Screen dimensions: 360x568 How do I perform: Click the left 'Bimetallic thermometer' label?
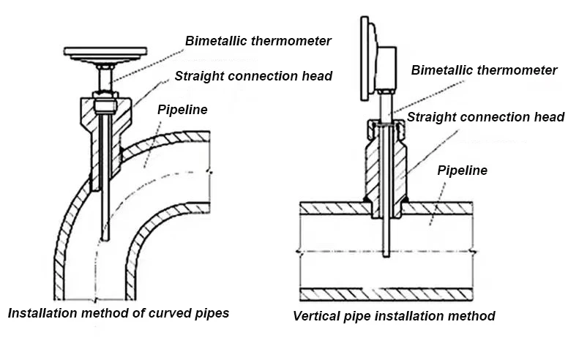[x=258, y=41]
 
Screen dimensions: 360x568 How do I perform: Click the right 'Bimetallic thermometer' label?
[x=484, y=70]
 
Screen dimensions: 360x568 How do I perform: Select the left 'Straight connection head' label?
[x=253, y=76]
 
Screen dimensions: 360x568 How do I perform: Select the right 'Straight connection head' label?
[x=485, y=117]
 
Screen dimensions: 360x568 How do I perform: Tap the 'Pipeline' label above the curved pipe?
[x=182, y=110]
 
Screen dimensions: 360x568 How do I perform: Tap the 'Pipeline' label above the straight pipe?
[x=462, y=170]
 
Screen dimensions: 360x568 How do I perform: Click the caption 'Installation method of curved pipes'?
[x=118, y=313]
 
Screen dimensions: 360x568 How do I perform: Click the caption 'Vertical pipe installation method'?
[x=394, y=316]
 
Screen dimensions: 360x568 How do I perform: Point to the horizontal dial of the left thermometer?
[x=105, y=52]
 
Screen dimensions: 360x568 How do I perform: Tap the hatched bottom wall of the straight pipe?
[x=388, y=294]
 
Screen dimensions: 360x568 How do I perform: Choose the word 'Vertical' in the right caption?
[x=315, y=316]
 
